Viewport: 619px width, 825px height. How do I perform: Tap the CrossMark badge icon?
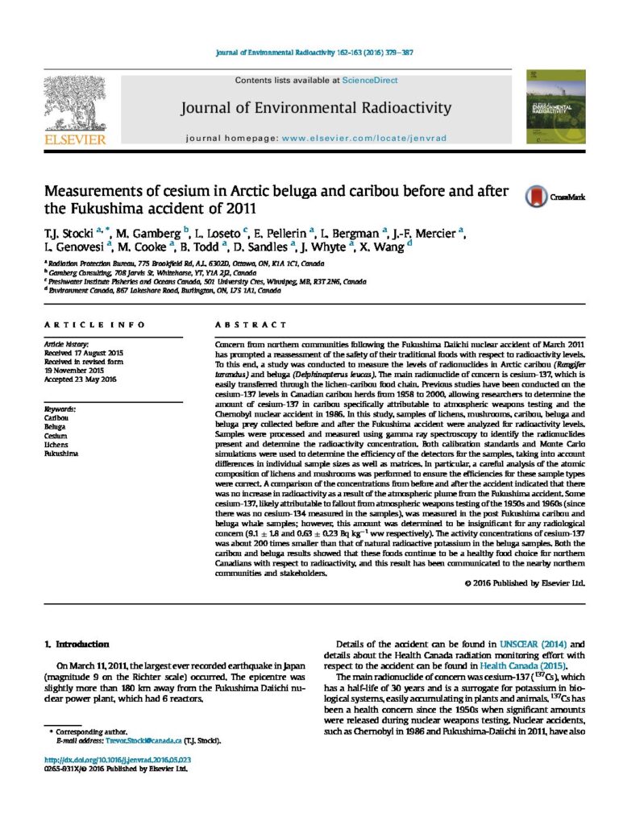(x=535, y=197)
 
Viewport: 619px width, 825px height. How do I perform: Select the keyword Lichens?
(x=56, y=444)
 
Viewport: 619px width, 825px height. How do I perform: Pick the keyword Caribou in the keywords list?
(x=56, y=417)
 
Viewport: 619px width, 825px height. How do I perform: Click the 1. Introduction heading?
(x=77, y=644)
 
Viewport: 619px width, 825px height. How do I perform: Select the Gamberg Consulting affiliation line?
(x=137, y=272)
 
